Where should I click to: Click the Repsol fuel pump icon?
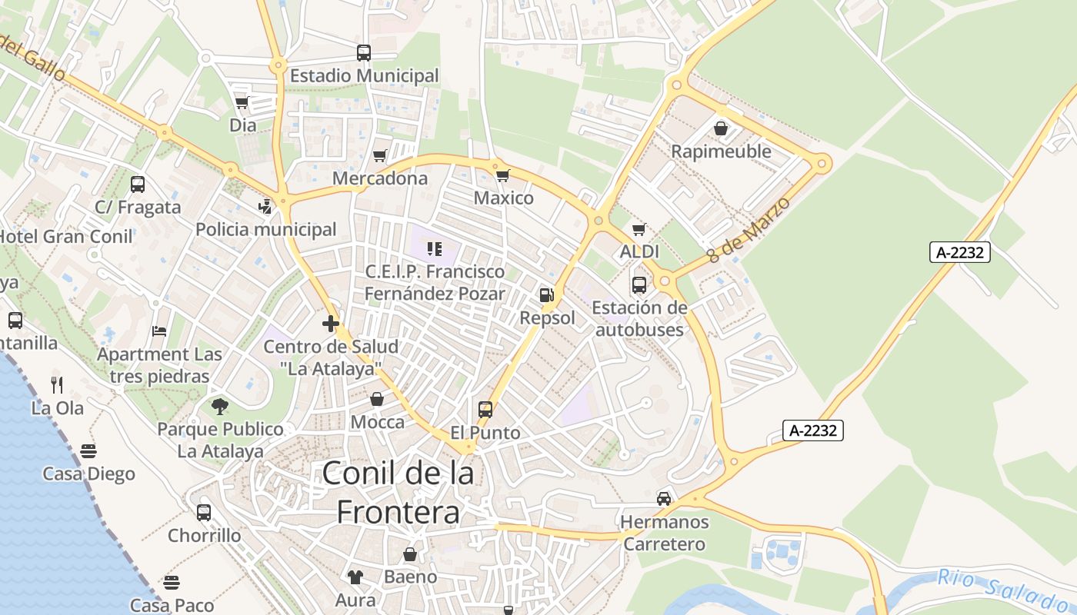(546, 294)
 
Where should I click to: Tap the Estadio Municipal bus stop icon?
(364, 53)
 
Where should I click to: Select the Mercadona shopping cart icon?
(379, 156)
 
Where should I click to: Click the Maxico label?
(503, 198)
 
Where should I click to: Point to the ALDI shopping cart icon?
(639, 229)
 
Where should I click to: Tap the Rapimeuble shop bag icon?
(721, 128)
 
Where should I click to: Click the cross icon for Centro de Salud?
(331, 324)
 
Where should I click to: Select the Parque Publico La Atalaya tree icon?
(220, 406)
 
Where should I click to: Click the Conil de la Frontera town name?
(398, 492)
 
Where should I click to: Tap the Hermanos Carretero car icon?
(663, 499)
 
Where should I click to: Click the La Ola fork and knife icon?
(57, 384)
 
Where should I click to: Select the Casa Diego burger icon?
(88, 450)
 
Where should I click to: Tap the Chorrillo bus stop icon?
(204, 512)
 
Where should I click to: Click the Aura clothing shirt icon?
(355, 577)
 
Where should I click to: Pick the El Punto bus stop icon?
(485, 410)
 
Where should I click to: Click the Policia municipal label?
(266, 229)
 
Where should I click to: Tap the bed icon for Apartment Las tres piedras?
(159, 331)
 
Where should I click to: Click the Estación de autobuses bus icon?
(639, 285)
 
